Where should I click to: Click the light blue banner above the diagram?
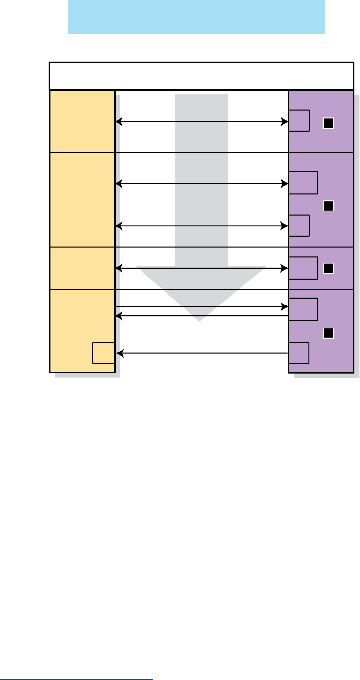click(x=196, y=17)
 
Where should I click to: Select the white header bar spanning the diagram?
click(x=201, y=75)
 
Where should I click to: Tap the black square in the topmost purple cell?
click(x=328, y=124)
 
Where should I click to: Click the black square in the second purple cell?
click(x=328, y=206)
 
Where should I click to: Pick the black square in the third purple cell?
click(x=328, y=268)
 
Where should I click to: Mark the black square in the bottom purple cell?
click(x=328, y=333)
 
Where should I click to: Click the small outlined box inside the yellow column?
click(x=103, y=353)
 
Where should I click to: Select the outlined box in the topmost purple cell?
click(x=299, y=121)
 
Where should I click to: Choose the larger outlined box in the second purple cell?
click(x=303, y=183)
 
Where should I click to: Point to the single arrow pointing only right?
click(x=201, y=307)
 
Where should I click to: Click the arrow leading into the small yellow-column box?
click(x=201, y=353)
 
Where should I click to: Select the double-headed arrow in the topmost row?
click(x=201, y=122)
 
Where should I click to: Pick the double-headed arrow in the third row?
click(x=201, y=268)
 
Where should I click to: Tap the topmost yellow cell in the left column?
click(x=82, y=121)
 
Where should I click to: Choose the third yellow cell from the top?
click(x=82, y=268)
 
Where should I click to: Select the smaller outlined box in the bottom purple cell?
click(x=299, y=353)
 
